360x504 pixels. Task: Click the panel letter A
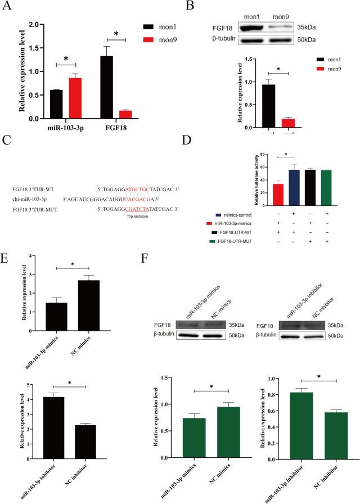click(x=8, y=8)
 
